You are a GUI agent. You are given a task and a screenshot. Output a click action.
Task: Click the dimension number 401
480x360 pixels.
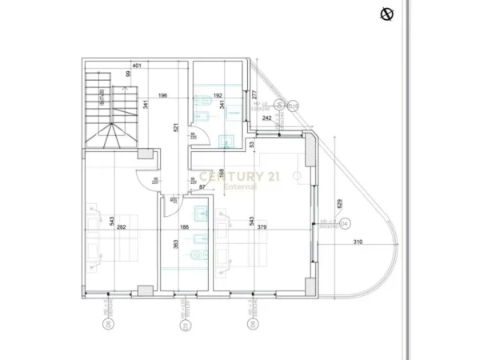click(x=137, y=66)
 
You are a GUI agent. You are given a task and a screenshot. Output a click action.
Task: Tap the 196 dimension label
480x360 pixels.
click(x=162, y=97)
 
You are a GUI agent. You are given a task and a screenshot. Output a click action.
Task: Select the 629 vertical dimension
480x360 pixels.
click(x=339, y=205)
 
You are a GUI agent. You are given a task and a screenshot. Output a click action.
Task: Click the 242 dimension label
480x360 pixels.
click(x=266, y=118)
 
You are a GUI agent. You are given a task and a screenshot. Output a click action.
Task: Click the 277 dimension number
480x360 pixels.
click(x=254, y=95)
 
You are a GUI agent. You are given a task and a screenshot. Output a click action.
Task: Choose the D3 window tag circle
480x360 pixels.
click(x=184, y=326)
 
